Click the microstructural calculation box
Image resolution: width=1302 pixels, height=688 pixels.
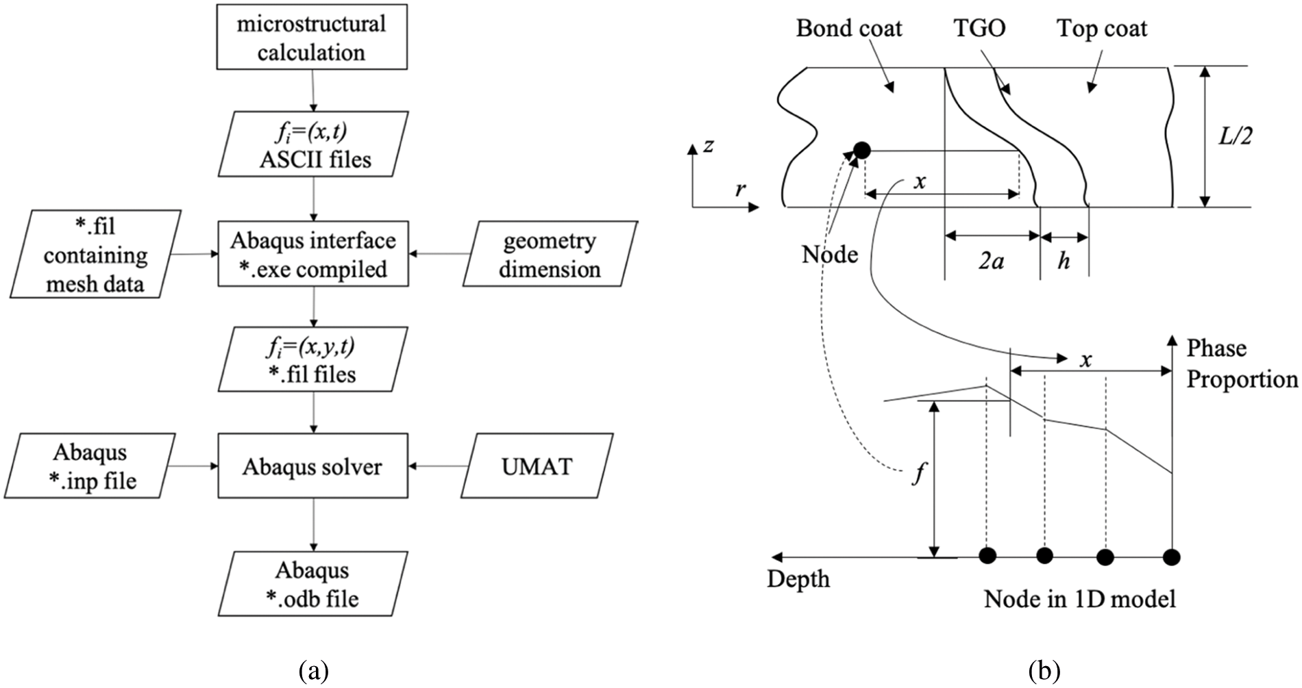(312, 37)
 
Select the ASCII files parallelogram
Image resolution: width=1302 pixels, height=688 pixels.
(314, 144)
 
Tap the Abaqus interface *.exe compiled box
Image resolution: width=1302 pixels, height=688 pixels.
(313, 254)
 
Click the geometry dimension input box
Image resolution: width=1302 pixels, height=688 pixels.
(550, 254)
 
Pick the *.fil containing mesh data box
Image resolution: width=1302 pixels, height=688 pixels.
(95, 254)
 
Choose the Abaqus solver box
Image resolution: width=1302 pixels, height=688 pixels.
(312, 466)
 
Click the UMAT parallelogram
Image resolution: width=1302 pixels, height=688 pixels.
(537, 466)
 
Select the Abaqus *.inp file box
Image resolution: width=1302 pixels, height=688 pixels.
(90, 466)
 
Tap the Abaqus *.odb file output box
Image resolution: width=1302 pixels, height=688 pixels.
(312, 584)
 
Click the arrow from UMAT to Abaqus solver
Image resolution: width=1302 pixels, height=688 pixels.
(439, 466)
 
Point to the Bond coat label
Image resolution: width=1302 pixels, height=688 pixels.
(848, 28)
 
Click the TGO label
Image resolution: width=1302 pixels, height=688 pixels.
(979, 28)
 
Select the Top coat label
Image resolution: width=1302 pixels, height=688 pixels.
(1101, 28)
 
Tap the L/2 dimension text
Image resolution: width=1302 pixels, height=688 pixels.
(1235, 136)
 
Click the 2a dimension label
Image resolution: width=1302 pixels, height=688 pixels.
(991, 261)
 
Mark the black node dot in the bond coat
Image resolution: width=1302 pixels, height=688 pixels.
(862, 150)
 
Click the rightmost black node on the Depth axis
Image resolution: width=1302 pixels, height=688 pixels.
(1172, 557)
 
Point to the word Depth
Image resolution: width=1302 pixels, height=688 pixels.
(798, 579)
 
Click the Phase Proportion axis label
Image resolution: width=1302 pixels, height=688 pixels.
(1241, 364)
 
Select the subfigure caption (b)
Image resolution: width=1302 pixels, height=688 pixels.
(1044, 670)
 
